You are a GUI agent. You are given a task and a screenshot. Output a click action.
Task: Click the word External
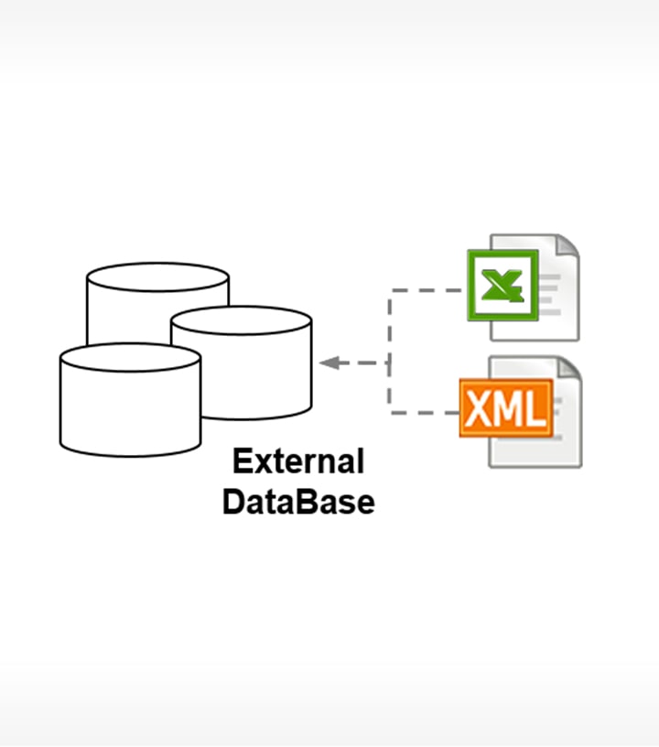click(298, 460)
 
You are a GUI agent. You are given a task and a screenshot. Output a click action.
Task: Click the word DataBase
click(298, 502)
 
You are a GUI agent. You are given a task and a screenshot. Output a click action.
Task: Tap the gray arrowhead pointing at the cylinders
click(329, 363)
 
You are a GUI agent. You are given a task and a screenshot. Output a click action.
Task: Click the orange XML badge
click(505, 407)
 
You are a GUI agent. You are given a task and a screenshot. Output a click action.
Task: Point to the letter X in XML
click(479, 408)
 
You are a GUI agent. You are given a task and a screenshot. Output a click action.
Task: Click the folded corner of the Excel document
click(567, 245)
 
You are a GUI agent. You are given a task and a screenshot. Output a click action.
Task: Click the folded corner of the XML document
click(569, 368)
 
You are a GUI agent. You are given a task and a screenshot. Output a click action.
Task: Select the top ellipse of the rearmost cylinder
click(157, 276)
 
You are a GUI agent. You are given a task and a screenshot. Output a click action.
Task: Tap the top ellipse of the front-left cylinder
click(130, 357)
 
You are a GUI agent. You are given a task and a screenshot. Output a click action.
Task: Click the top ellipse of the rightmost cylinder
click(242, 320)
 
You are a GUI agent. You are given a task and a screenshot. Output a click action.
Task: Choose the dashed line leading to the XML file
click(426, 413)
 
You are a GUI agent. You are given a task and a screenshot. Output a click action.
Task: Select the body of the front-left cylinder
click(130, 412)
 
